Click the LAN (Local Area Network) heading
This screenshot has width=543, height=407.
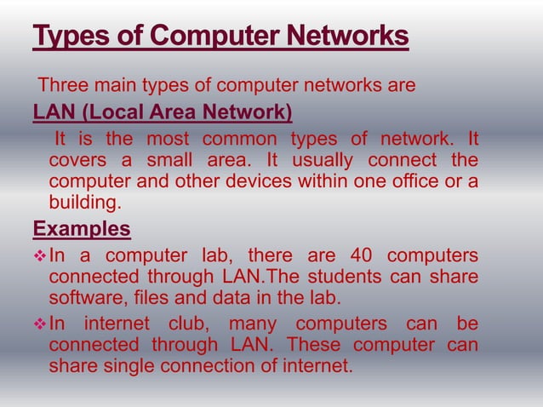(162, 112)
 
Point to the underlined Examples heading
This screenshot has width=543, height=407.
(82, 231)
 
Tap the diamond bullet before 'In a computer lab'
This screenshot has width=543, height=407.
(38, 257)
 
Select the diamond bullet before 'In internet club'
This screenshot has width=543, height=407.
(38, 324)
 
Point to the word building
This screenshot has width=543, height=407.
(83, 203)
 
